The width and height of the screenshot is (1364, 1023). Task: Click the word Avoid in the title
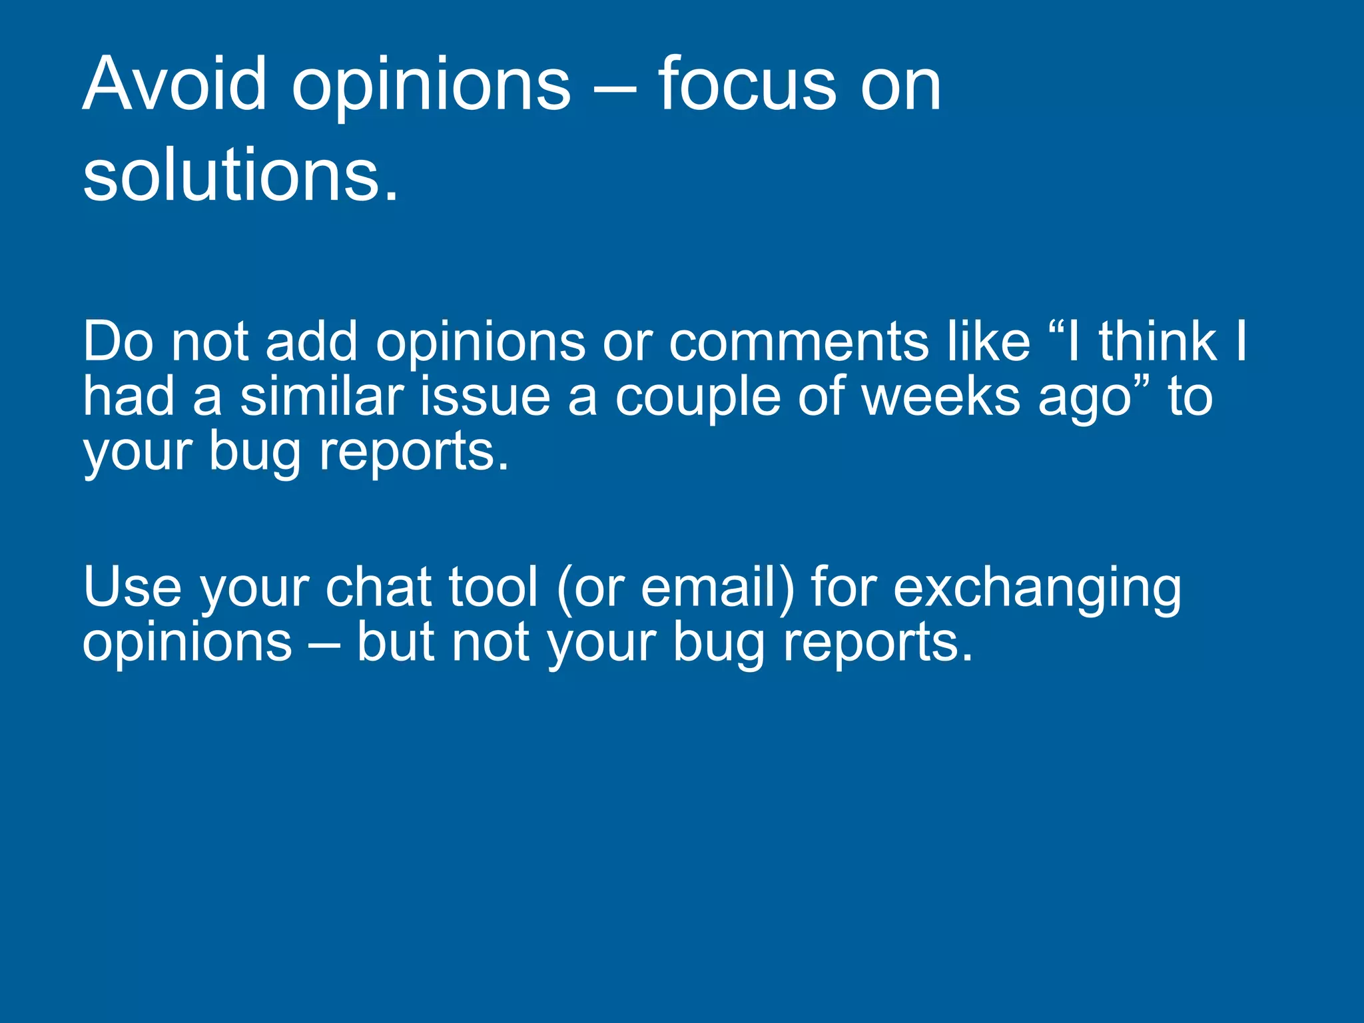point(174,85)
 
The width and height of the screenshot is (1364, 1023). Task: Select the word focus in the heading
point(747,85)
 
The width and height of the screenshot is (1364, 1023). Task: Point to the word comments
point(799,342)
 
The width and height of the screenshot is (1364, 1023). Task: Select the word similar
point(322,396)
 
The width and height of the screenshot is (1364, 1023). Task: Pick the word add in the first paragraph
point(312,342)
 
